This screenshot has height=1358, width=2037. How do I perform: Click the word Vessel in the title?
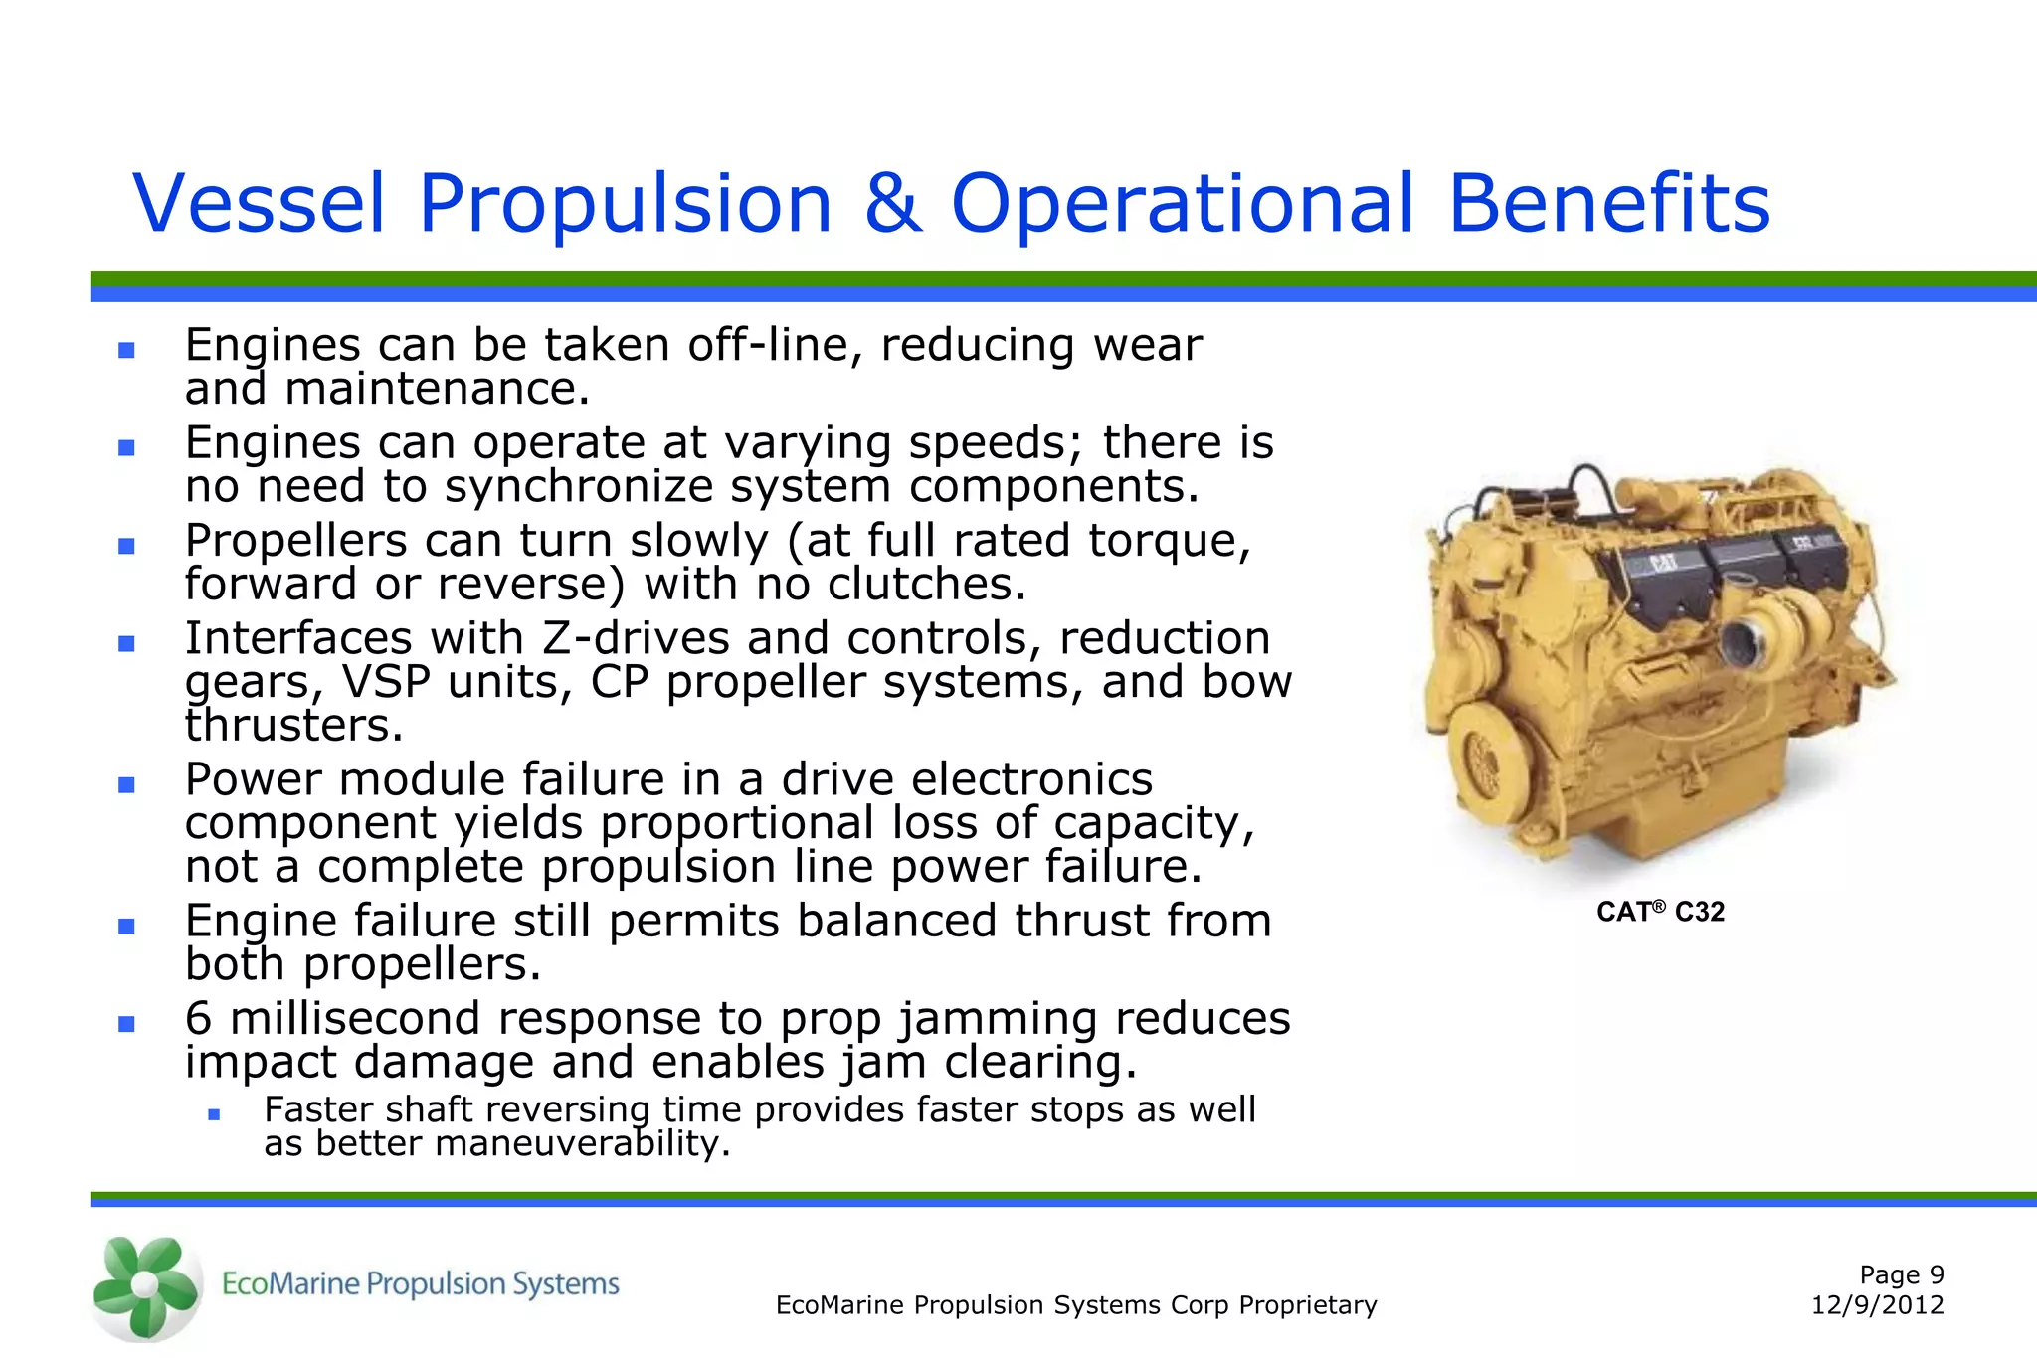(x=259, y=204)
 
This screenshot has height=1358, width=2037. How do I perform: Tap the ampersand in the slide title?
(x=892, y=204)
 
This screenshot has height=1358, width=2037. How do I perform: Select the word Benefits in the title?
(x=1608, y=204)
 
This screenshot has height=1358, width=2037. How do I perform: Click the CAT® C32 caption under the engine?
(x=1660, y=912)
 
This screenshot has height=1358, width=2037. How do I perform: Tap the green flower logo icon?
(x=145, y=1286)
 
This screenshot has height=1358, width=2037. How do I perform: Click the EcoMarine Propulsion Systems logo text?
(x=420, y=1284)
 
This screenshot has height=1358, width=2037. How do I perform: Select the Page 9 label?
(x=1901, y=1274)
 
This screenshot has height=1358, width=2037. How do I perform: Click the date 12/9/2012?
(x=1877, y=1305)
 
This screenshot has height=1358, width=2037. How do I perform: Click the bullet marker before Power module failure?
(x=126, y=785)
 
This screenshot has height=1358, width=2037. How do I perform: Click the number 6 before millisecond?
(x=199, y=1019)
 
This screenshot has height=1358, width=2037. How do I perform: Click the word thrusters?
(x=293, y=726)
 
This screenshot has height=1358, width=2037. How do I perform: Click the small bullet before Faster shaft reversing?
(x=213, y=1115)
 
